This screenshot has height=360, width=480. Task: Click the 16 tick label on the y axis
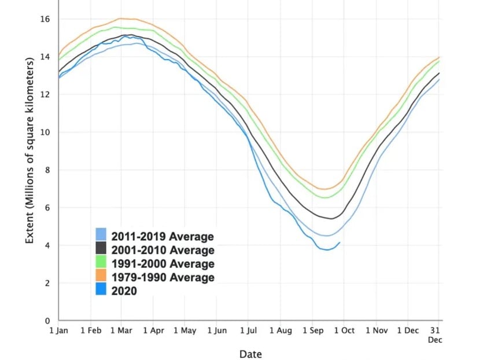click(45, 19)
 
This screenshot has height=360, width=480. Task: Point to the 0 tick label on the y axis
click(47, 321)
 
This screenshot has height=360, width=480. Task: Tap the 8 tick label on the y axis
click(47, 170)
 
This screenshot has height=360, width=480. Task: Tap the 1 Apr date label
click(153, 331)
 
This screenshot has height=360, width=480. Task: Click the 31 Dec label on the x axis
click(434, 335)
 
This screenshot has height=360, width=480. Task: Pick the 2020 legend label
click(124, 291)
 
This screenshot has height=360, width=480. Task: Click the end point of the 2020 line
click(339, 243)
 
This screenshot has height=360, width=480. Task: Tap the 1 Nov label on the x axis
click(376, 331)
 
